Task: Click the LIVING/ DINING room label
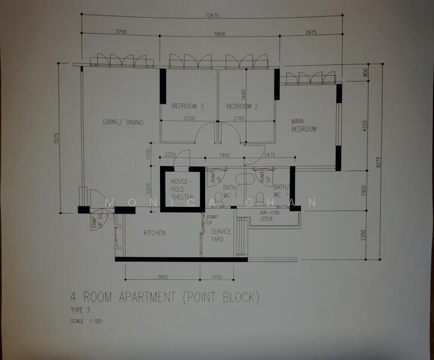coord(123,122)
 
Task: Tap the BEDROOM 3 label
coord(188,106)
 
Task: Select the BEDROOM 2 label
coord(242,106)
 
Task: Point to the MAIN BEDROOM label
coord(304,125)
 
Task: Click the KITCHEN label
coord(154,233)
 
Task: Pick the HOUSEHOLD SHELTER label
coord(181,188)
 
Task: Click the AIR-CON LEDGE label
coord(267,216)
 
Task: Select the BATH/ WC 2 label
coord(230,191)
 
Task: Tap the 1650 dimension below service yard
coord(217,277)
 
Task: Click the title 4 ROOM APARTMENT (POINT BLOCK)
coord(164,297)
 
